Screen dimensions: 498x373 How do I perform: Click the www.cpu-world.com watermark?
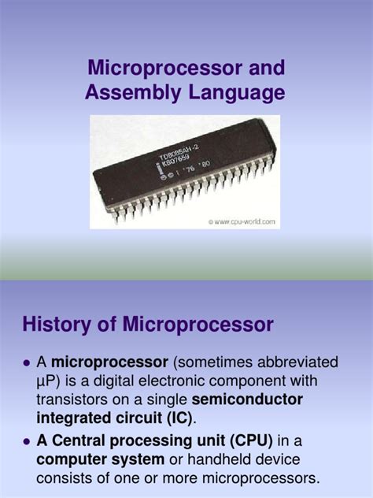(x=243, y=222)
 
